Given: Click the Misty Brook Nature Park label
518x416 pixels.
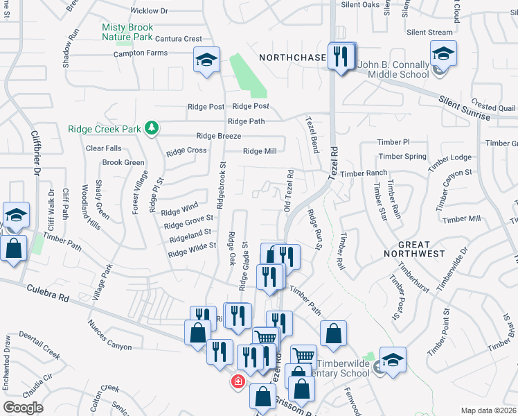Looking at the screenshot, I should click(x=127, y=32).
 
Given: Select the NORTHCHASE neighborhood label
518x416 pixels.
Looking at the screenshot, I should click(x=292, y=58).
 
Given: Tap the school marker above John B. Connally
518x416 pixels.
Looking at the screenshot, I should click(x=443, y=53).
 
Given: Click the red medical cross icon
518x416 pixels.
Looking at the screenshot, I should click(x=238, y=381).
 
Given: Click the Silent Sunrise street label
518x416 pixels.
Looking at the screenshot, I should click(x=464, y=108).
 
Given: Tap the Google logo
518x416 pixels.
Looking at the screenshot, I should click(x=24, y=408).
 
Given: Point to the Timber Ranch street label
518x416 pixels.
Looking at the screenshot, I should click(x=364, y=173).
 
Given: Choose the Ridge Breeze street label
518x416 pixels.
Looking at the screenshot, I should click(x=219, y=136).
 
